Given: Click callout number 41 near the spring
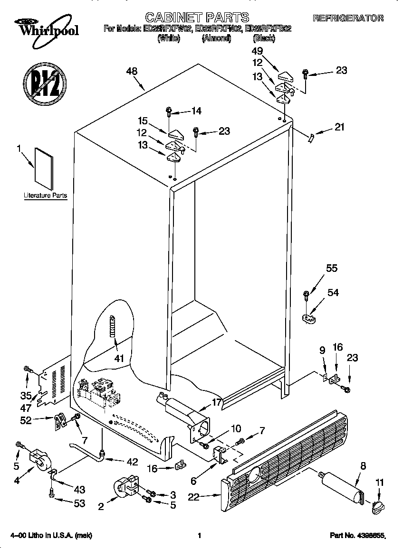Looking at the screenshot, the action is click(119, 358).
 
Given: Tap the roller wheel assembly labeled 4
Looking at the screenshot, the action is click(40, 462).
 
